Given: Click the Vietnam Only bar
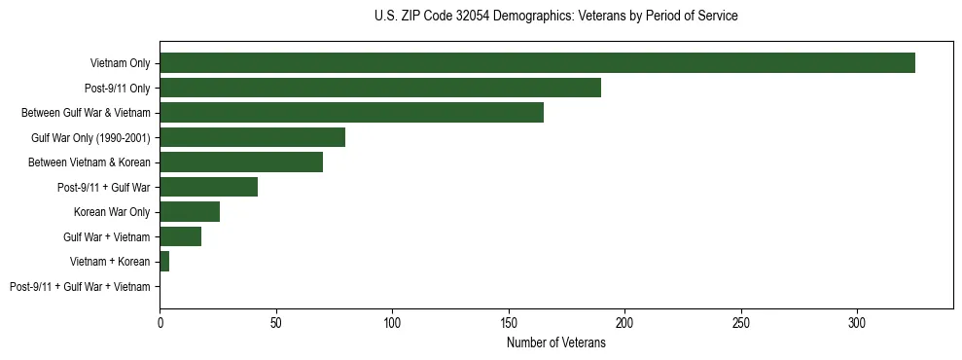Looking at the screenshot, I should pyautogui.click(x=537, y=63).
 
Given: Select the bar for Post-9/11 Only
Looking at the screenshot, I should pyautogui.click(x=380, y=88).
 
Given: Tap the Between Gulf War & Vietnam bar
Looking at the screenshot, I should pyautogui.click(x=351, y=113).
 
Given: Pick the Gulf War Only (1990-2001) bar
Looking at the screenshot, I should pyautogui.click(x=252, y=137).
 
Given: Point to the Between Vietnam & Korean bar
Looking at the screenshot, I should pyautogui.click(x=241, y=162).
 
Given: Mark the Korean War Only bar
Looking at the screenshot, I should pyautogui.click(x=190, y=212).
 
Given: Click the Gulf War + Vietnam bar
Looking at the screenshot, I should pyautogui.click(x=181, y=236).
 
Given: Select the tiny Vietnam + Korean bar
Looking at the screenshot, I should pyautogui.click(x=164, y=262).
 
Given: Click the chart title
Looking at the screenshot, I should pyautogui.click(x=555, y=17).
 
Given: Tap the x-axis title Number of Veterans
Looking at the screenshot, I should pyautogui.click(x=555, y=343).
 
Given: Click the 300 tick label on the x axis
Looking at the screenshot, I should pyautogui.click(x=857, y=322).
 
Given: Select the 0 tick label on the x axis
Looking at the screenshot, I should pyautogui.click(x=160, y=322).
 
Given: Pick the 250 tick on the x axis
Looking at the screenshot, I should pyautogui.click(x=741, y=322).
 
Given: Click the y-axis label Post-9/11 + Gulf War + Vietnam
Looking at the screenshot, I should pyautogui.click(x=80, y=287).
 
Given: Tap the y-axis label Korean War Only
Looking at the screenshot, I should pyautogui.click(x=112, y=212).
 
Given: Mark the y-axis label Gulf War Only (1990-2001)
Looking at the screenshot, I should pyautogui.click(x=90, y=138).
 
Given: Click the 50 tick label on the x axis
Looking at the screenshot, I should pyautogui.click(x=276, y=322).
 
